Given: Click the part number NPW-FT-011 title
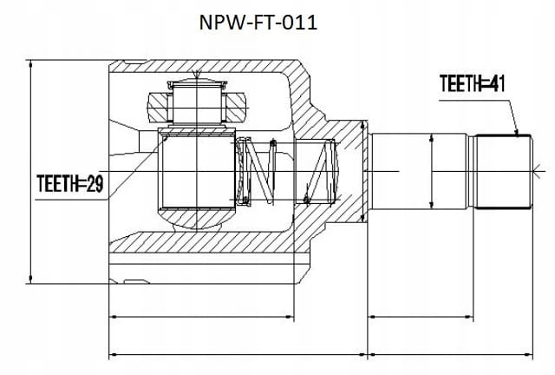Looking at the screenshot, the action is [x=258, y=23].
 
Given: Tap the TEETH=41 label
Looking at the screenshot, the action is [x=472, y=84].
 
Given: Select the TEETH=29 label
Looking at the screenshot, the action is [x=70, y=184].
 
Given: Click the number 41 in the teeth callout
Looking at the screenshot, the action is [x=497, y=84].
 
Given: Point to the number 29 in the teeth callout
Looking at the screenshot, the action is [x=95, y=184].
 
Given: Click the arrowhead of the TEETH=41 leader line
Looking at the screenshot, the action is [x=517, y=133].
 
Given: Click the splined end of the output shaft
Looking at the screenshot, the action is [x=503, y=172].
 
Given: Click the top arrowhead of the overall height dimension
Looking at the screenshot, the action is [x=31, y=63].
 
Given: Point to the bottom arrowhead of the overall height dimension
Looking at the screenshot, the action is [x=31, y=280].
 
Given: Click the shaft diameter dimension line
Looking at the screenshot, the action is [x=432, y=171].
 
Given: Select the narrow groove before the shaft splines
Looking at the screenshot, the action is [x=471, y=172].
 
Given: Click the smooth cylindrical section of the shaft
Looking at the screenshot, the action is [x=418, y=172].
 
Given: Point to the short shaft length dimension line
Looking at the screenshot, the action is [x=421, y=317].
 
